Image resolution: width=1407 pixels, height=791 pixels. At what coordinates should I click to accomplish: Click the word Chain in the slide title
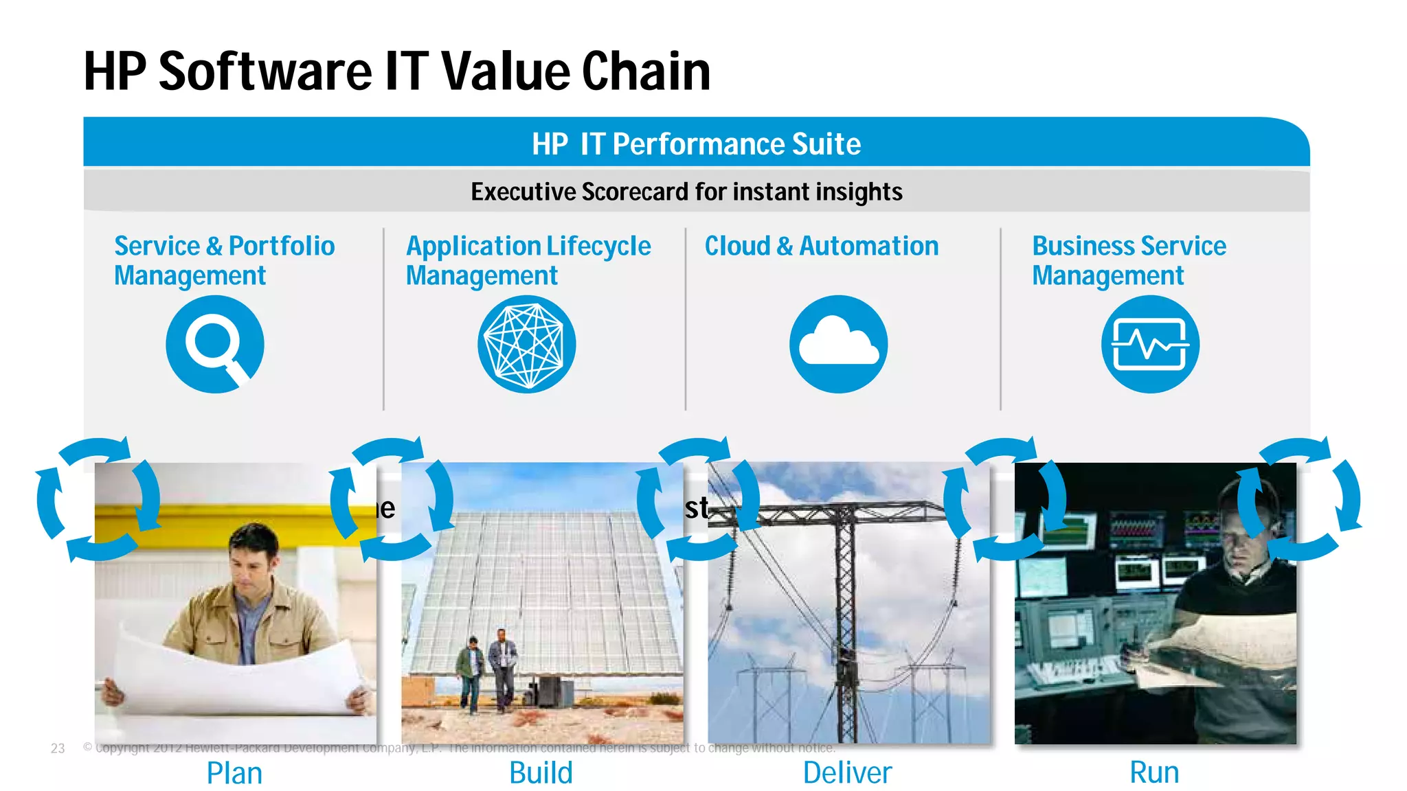pos(646,71)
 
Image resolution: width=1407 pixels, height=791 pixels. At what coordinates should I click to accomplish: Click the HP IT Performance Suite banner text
pos(696,144)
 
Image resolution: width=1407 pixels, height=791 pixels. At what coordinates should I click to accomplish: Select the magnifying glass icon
pos(215,344)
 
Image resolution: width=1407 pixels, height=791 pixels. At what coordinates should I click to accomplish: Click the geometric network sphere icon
pos(527,344)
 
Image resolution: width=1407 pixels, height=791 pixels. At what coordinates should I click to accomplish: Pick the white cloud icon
pos(838,344)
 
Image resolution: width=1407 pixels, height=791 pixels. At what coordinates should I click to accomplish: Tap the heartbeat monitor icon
pos(1150,344)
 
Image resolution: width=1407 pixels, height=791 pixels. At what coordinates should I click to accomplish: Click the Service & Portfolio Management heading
pos(224,260)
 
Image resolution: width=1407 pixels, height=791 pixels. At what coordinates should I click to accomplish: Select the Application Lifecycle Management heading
pos(528,260)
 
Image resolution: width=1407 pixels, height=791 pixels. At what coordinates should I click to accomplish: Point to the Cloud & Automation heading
pos(821,246)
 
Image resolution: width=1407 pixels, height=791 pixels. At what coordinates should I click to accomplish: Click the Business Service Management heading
pos(1129,260)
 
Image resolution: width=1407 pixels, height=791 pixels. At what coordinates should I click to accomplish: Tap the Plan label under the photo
pos(234,773)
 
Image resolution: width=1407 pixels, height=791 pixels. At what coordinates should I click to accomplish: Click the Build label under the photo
pos(541,773)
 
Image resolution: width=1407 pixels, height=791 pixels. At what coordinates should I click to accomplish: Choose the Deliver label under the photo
pos(847,773)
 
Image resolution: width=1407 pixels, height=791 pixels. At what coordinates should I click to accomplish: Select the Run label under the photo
pos(1154,773)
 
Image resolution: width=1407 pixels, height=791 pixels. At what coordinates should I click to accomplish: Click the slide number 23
pos(58,748)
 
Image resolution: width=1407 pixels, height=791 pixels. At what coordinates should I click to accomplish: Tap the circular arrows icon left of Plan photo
pos(98,500)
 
